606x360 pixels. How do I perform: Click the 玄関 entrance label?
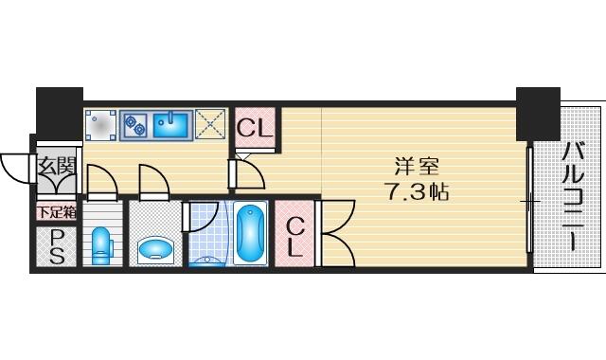57,167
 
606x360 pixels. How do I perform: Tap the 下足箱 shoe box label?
57,212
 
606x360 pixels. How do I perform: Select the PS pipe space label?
57,246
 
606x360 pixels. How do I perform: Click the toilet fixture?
102,245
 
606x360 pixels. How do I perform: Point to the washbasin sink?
155,249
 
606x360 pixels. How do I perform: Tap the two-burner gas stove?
134,124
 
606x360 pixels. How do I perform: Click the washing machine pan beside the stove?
100,125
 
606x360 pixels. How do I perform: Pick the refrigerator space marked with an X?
210,124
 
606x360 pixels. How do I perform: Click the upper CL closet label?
255,128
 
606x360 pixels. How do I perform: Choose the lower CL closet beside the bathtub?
294,234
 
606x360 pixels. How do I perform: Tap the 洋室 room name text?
417,167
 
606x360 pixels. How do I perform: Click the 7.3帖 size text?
418,191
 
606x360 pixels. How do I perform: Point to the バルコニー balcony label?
572,197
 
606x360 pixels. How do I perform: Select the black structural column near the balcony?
538,114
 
